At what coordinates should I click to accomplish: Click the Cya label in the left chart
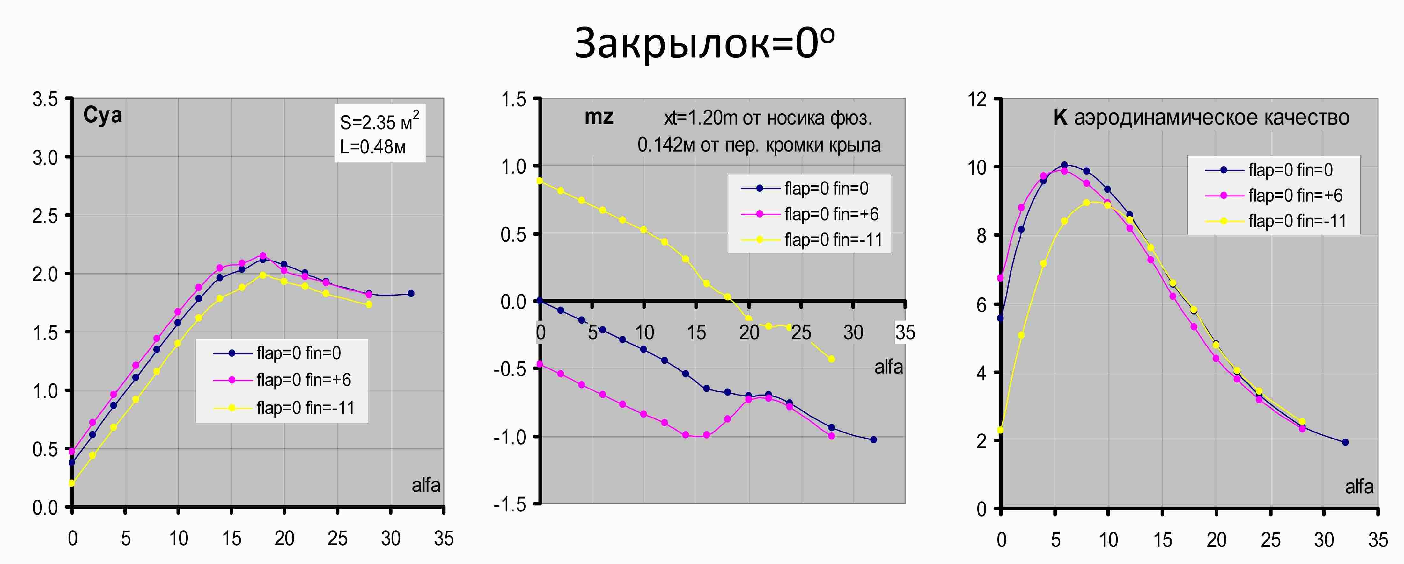pyautogui.click(x=102, y=115)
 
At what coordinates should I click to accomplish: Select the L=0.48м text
pyautogui.click(x=373, y=147)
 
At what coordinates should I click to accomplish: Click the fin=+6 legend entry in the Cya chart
pyautogui.click(x=304, y=379)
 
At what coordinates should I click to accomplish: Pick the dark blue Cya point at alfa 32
pyautogui.click(x=411, y=293)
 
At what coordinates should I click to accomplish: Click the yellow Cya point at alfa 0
pyautogui.click(x=71, y=483)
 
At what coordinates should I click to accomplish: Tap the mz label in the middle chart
pyautogui.click(x=599, y=117)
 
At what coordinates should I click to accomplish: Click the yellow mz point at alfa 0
pyautogui.click(x=540, y=181)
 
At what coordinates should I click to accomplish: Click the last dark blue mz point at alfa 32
pyautogui.click(x=874, y=439)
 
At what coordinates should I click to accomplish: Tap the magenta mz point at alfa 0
pyautogui.click(x=540, y=364)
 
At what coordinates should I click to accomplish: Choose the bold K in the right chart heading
pyautogui.click(x=1060, y=118)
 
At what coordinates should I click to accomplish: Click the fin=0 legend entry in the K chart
pyautogui.click(x=1290, y=170)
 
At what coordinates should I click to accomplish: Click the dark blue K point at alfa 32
pyautogui.click(x=1345, y=442)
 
